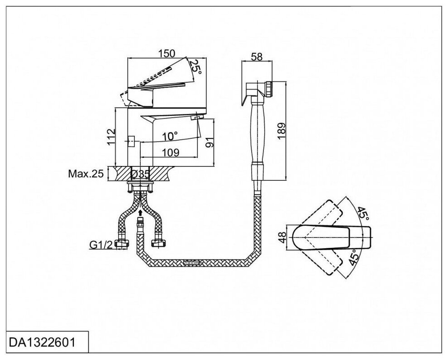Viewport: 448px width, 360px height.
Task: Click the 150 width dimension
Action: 167,53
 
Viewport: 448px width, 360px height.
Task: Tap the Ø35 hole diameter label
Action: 141,174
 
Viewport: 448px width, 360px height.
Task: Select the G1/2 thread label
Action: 100,245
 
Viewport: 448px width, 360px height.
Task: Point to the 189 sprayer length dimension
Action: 282,131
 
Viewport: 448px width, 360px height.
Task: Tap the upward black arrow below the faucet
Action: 140,212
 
